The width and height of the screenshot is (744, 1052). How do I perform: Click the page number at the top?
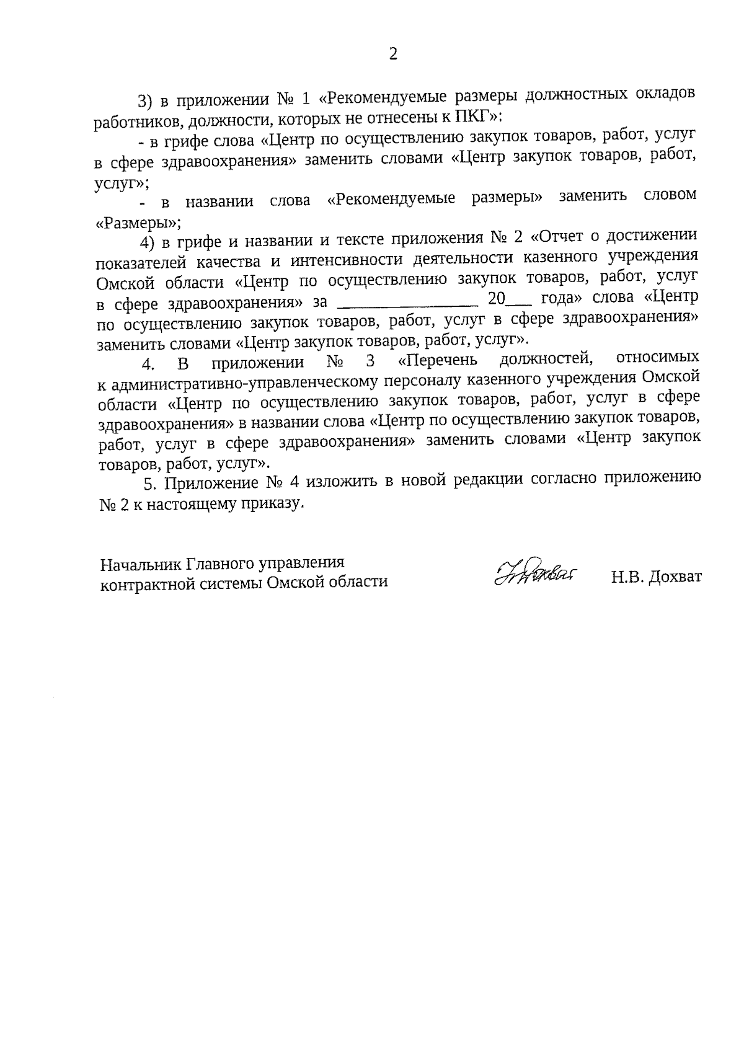tap(392, 54)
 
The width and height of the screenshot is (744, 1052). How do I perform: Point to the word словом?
tap(670, 195)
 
